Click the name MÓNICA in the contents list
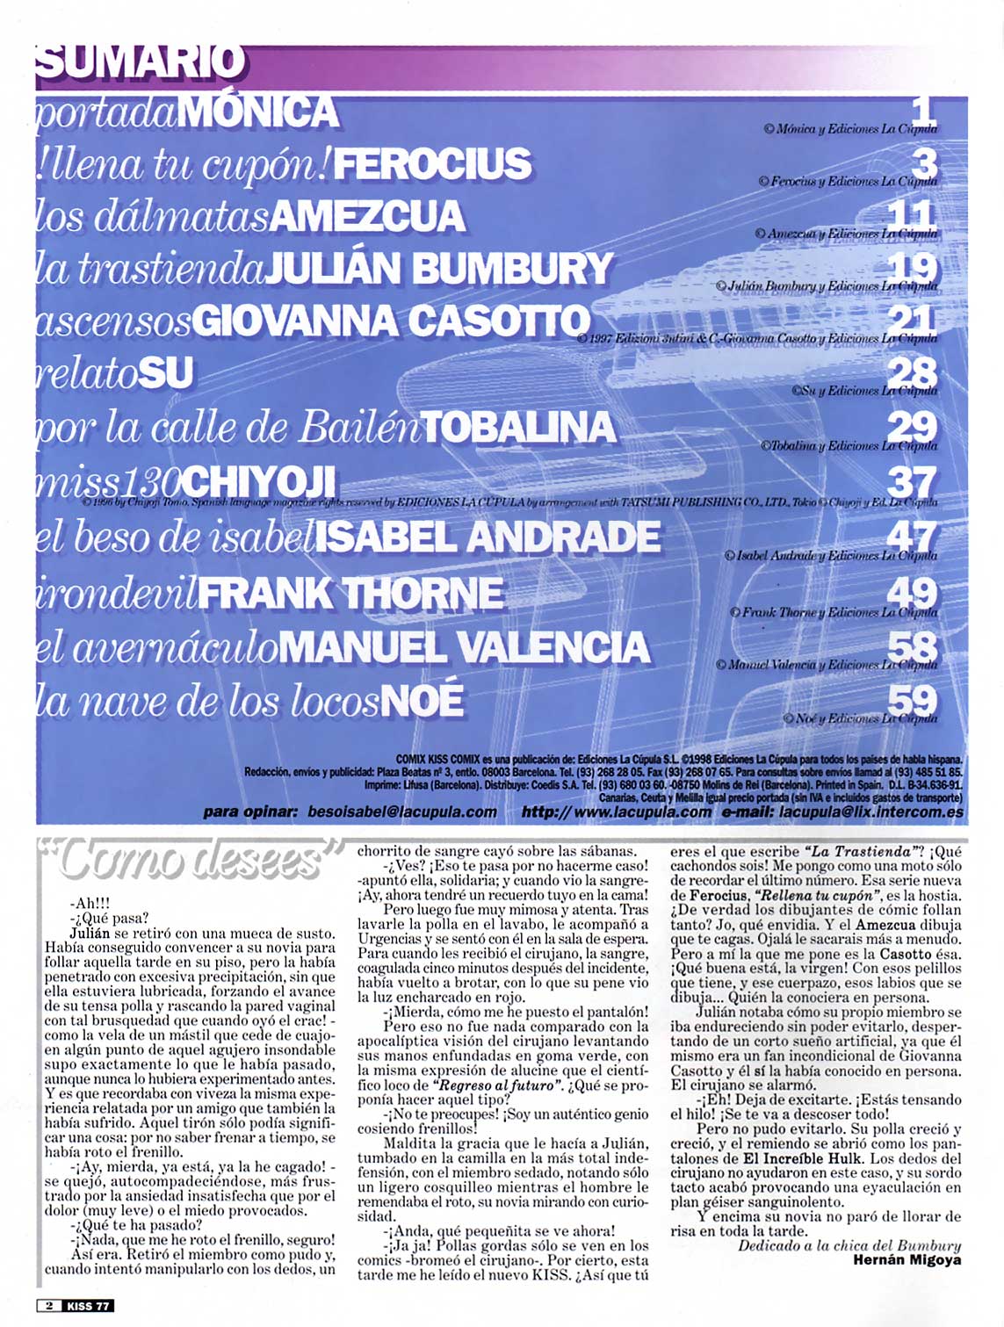(x=263, y=112)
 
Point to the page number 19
(x=914, y=267)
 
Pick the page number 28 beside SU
(x=913, y=371)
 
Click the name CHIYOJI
(x=261, y=480)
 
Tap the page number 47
(x=913, y=535)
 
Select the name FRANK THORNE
(x=350, y=593)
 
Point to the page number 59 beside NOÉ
(x=913, y=700)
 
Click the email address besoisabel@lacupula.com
(x=402, y=812)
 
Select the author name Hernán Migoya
(x=907, y=1259)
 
